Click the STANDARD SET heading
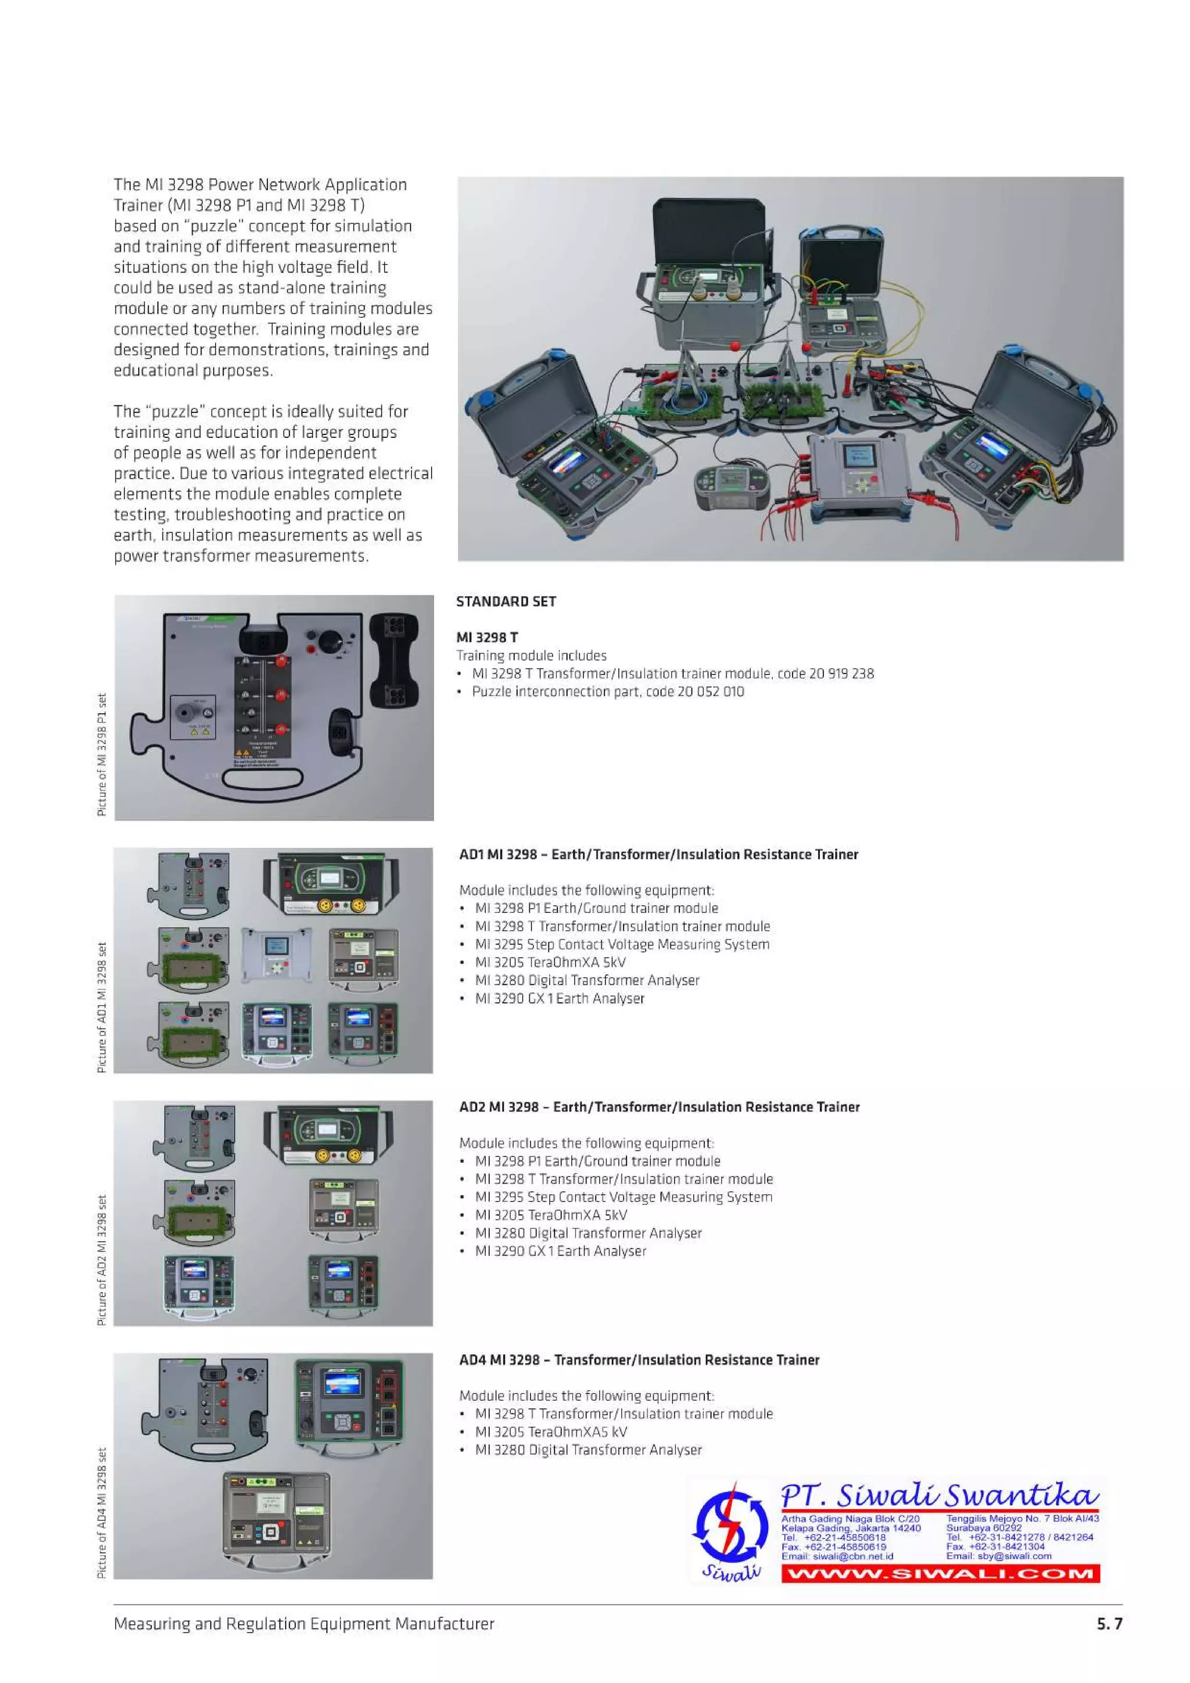click(x=506, y=602)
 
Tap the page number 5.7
click(x=1109, y=1624)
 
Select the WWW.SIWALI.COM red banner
click(x=940, y=1574)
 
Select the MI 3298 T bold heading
click(x=487, y=638)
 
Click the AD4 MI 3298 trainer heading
click(x=639, y=1360)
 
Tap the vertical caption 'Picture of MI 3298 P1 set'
click(x=102, y=754)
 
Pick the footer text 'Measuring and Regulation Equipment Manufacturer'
click(x=303, y=1624)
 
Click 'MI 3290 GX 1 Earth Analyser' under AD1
click(x=560, y=998)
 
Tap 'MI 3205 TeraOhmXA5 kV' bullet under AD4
click(x=551, y=1432)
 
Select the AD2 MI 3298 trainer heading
click(x=659, y=1107)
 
